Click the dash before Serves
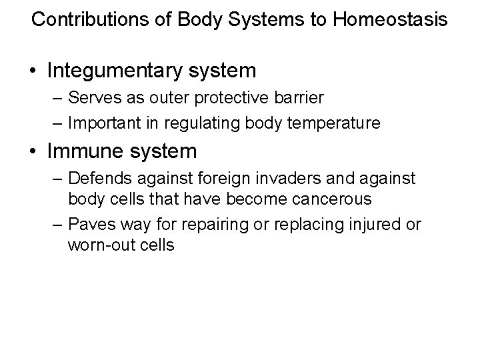tap(57, 99)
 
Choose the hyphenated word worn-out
tap(99, 245)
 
